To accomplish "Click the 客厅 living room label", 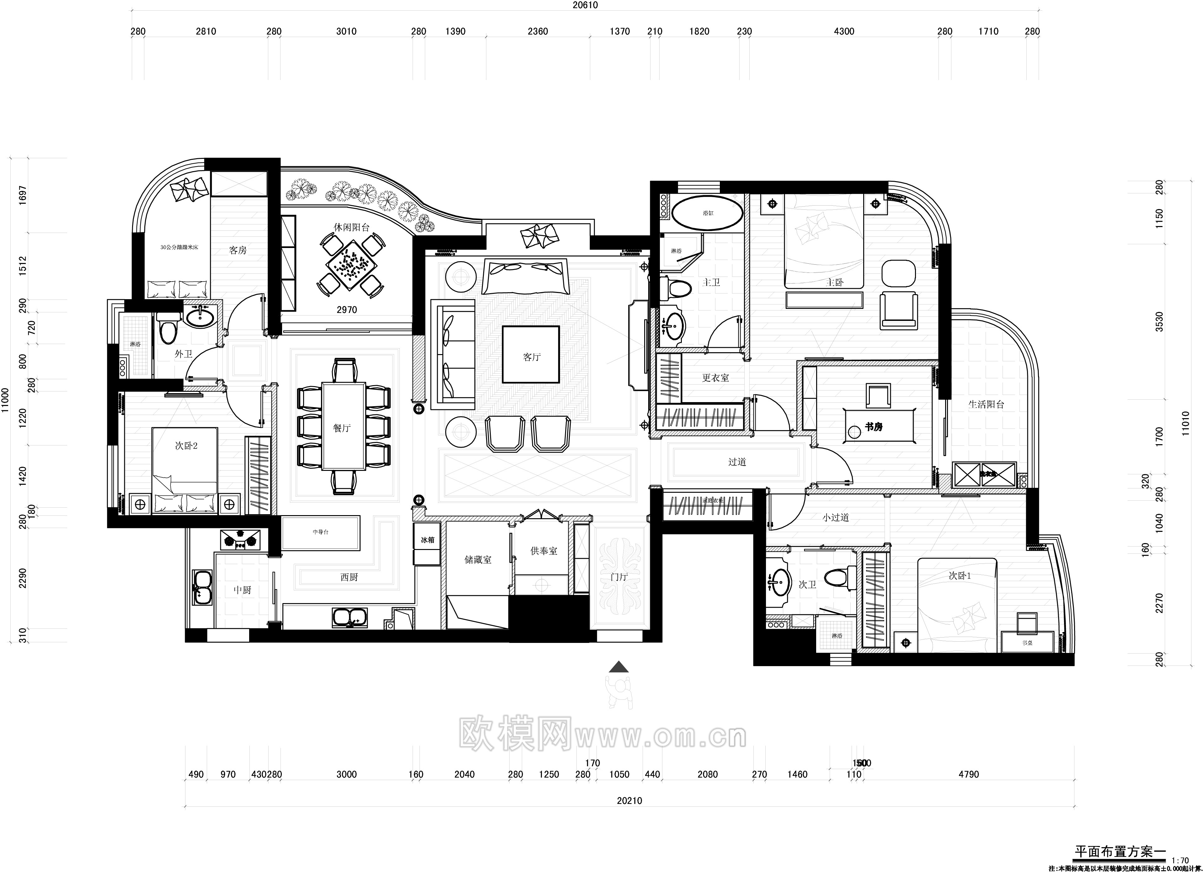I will [531, 357].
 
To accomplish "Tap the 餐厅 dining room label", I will [342, 428].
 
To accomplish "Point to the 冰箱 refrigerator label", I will [427, 540].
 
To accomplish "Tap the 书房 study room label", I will [873, 427].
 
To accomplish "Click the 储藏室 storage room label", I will [478, 560].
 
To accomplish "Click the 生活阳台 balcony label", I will [986, 404].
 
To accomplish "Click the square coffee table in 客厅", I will [531, 354].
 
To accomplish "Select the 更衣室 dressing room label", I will [715, 378].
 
